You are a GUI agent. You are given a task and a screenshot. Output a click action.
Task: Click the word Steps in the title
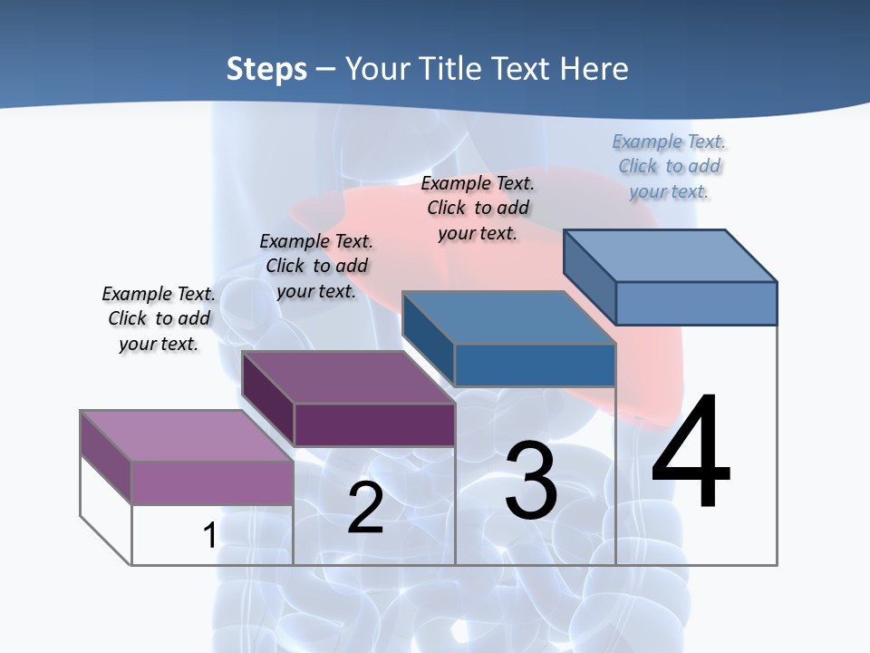pos(266,69)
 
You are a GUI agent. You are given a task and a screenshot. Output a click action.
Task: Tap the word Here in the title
pos(594,69)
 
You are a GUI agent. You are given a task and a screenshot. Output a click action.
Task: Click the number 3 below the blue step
pos(531,480)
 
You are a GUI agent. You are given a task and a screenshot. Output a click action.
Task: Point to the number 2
pos(365,507)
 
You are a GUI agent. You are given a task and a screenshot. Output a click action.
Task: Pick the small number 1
pos(209,535)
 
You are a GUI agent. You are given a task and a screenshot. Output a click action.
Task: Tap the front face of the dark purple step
pos(374,424)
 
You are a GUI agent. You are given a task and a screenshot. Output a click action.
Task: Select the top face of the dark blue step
pos(508,317)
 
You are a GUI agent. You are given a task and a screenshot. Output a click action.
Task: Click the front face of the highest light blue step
pos(696,303)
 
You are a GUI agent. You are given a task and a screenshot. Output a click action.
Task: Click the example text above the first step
pos(159,318)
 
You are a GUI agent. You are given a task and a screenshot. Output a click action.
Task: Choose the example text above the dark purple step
pos(316,266)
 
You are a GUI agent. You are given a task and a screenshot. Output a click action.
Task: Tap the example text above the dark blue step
pos(478,208)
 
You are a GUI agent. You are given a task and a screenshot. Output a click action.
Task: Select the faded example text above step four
pos(669,166)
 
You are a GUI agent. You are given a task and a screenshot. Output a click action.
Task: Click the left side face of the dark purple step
pos(267,399)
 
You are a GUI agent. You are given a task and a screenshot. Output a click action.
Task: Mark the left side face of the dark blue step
pos(428,338)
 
